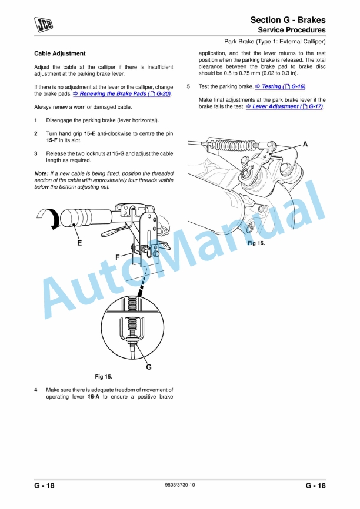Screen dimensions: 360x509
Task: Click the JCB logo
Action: pos(44,24)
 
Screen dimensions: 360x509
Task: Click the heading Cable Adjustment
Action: pos(60,53)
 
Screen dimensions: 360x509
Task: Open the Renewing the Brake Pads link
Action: pos(122,94)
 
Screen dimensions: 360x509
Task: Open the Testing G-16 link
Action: pos(281,86)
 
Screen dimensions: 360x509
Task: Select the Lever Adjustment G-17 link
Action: pos(284,106)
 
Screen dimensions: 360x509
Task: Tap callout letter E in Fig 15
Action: pos(79,243)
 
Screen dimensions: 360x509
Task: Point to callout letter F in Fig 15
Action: pos(118,257)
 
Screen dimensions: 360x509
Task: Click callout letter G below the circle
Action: pos(149,367)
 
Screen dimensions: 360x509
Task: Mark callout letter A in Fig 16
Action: pos(305,144)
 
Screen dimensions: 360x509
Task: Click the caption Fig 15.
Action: pos(104,377)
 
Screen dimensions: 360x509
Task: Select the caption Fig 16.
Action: pos(256,243)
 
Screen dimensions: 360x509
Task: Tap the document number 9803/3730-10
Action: pos(180,485)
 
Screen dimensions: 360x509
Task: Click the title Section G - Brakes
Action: pos(288,20)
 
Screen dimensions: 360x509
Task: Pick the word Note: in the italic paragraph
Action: pos(41,173)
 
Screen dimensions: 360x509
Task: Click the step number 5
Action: pos(188,86)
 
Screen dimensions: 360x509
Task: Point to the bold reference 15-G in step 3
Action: pos(118,153)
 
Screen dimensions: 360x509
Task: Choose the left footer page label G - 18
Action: pos(44,485)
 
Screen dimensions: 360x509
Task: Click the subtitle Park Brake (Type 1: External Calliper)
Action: pos(275,42)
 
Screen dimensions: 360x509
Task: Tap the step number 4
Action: pos(36,390)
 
